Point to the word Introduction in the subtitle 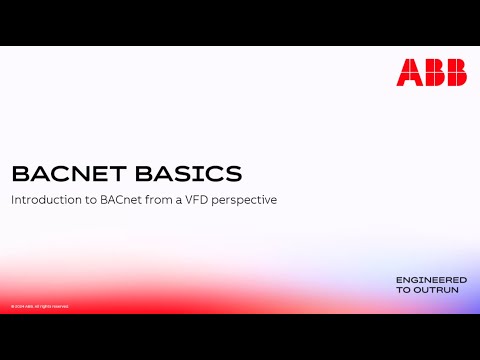(x=47, y=200)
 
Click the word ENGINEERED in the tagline (x=431, y=278)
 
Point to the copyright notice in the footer (x=40, y=306)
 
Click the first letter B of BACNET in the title (x=18, y=174)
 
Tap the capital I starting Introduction (x=13, y=200)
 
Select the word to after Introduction (x=91, y=200)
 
